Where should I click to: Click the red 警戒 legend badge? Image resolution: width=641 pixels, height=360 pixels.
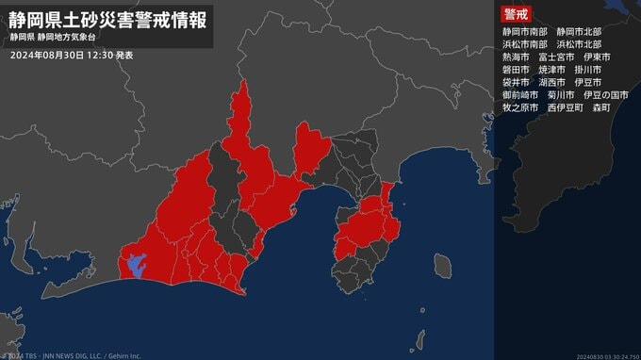[x=516, y=14]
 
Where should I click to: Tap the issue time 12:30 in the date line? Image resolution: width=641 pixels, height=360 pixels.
[x=101, y=56]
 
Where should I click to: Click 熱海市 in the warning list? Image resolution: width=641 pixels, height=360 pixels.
[x=518, y=57]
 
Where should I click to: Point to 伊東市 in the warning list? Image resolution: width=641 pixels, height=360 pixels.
[x=598, y=57]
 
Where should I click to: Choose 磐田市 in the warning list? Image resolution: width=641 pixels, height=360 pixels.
[x=518, y=70]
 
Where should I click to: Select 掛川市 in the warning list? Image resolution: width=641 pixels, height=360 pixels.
[x=590, y=70]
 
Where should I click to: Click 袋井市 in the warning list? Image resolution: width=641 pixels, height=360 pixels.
[x=518, y=83]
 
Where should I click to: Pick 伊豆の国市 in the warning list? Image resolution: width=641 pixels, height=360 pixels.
[x=606, y=95]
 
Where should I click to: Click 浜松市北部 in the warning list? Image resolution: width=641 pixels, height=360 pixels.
[x=579, y=44]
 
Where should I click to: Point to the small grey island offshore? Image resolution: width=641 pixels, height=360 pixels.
[x=441, y=266]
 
